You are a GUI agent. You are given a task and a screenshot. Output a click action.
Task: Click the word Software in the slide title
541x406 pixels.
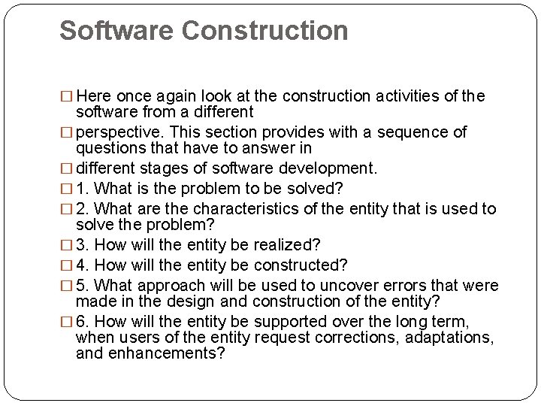116,31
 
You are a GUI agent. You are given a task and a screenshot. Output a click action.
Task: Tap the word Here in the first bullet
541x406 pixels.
93,96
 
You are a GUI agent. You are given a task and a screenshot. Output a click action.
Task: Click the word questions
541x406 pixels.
110,148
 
